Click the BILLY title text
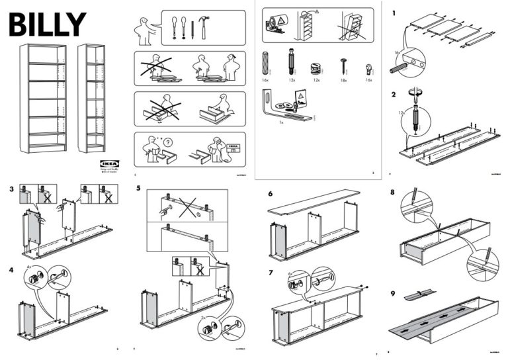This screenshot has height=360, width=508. click(47, 24)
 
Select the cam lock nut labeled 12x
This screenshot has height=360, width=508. click(316, 69)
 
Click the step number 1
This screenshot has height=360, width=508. click(395, 13)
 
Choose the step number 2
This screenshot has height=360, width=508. click(395, 95)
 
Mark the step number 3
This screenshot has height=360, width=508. click(13, 189)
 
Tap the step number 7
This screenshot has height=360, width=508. click(271, 273)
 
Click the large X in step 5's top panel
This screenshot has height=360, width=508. click(188, 210)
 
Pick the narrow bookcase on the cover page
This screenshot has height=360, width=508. click(91, 98)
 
